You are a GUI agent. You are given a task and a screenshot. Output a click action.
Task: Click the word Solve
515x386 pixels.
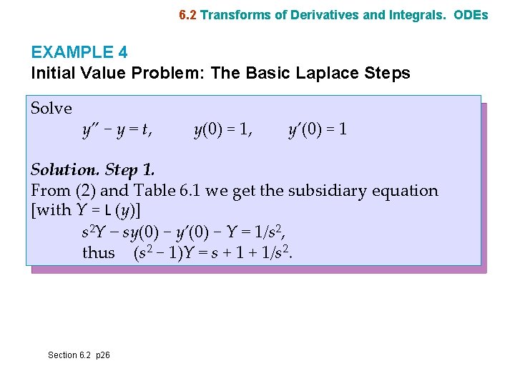click(x=51, y=109)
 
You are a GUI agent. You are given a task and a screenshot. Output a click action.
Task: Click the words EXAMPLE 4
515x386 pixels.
click(x=73, y=52)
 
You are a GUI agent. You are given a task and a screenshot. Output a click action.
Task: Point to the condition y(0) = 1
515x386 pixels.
click(x=222, y=130)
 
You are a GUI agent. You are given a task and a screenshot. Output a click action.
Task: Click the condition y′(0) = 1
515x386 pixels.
click(x=318, y=130)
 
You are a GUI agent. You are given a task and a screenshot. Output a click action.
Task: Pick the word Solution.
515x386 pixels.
click(x=64, y=170)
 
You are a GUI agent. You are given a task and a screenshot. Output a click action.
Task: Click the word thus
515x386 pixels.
click(x=98, y=253)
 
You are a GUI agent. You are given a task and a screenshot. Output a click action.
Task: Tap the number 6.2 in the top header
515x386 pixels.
click(x=188, y=14)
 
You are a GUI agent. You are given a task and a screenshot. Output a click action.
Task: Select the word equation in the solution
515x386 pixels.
click(x=408, y=191)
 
